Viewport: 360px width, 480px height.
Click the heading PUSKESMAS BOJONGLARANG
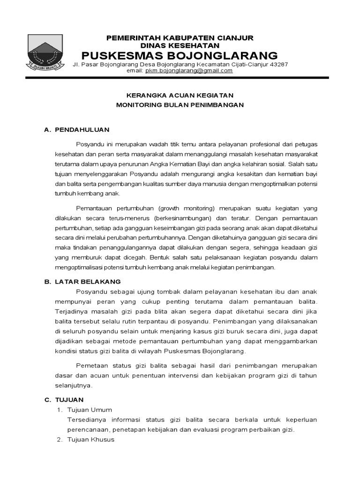click(180, 55)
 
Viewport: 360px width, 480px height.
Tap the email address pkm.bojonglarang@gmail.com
click(189, 71)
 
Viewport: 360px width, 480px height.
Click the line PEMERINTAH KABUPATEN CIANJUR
click(180, 37)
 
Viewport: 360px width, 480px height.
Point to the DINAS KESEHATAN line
click(180, 45)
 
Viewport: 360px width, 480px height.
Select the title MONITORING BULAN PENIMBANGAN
click(180, 105)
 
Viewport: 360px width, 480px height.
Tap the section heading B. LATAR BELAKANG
click(82, 282)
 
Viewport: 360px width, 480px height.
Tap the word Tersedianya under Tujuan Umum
click(87, 420)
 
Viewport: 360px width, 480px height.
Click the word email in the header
click(135, 71)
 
